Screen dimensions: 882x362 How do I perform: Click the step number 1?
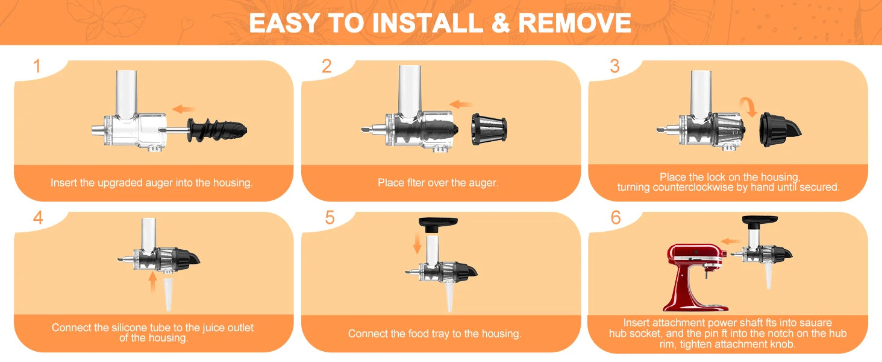pos(37,66)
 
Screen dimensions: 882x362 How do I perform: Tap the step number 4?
pos(38,217)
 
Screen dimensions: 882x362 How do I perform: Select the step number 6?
pos(616,217)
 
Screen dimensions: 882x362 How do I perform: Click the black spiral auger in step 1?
pos(217,130)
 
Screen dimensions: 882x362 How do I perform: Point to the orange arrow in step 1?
pos(184,109)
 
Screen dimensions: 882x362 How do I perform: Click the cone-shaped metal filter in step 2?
pos(489,129)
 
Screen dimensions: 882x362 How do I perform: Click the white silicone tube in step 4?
pos(168,294)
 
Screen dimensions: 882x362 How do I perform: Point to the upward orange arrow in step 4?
pos(153,283)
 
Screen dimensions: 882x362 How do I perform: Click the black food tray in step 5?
pos(438,225)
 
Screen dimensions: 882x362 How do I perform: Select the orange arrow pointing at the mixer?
pos(730,241)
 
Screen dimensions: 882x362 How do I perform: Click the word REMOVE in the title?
pos(575,23)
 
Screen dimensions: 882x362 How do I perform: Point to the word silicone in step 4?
pos(131,328)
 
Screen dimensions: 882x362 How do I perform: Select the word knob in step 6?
pos(784,345)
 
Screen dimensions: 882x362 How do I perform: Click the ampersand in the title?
pos(500,23)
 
